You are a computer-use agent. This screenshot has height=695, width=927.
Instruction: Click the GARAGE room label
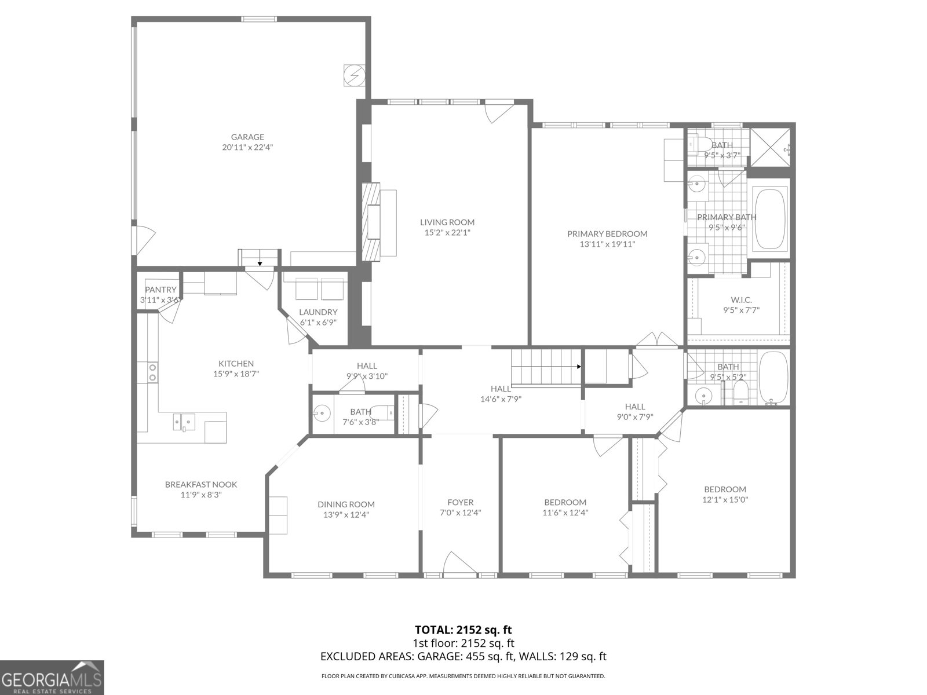(x=247, y=137)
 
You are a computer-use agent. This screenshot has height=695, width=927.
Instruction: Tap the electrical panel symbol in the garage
(x=353, y=75)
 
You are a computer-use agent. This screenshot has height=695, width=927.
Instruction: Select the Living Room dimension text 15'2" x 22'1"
(x=447, y=233)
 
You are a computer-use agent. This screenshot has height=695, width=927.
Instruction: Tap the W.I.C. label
(x=741, y=299)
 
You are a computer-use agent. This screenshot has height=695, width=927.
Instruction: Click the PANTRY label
(x=160, y=290)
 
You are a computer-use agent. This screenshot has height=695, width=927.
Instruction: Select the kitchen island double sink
(x=184, y=421)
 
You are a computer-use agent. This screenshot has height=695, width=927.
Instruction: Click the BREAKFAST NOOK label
(x=201, y=485)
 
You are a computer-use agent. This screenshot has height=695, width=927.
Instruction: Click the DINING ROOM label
(x=346, y=504)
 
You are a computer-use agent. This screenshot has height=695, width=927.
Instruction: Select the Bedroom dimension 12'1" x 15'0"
(x=725, y=500)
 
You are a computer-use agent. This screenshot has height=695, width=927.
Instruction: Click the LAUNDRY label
(x=318, y=312)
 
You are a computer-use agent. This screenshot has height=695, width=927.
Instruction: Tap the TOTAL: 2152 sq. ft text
(x=463, y=630)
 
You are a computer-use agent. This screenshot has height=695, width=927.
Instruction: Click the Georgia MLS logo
(x=52, y=677)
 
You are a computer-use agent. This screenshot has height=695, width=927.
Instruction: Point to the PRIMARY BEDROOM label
(x=607, y=234)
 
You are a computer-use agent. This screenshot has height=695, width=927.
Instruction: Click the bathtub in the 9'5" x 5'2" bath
(x=773, y=377)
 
